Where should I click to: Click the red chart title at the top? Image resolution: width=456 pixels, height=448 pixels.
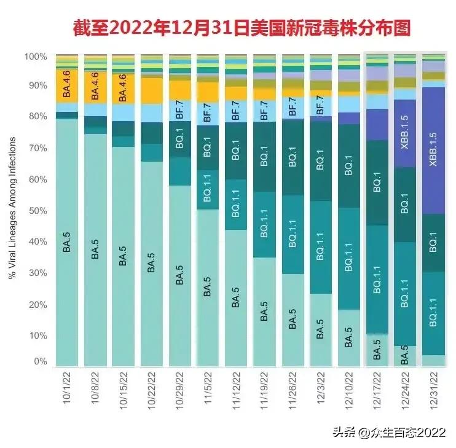click(242, 28)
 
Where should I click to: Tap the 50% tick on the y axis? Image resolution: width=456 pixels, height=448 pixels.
click(36, 211)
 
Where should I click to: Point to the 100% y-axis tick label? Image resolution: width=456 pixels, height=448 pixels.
click(35, 57)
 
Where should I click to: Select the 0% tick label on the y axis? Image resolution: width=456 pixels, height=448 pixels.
click(39, 362)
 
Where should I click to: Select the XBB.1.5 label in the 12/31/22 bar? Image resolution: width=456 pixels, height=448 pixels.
click(434, 149)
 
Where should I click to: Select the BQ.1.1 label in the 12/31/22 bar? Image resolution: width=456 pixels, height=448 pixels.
click(434, 312)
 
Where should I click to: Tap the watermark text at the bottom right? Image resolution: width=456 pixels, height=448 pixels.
click(388, 432)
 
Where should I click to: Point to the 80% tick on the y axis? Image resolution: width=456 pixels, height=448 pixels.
click(36, 117)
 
